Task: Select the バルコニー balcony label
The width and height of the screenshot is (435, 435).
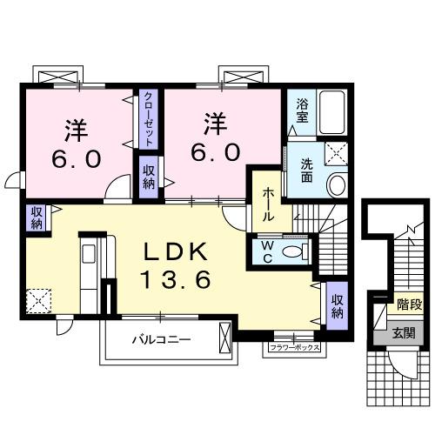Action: click(x=161, y=338)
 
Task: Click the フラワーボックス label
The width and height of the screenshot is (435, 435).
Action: click(x=292, y=348)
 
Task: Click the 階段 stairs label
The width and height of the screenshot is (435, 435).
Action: click(x=408, y=304)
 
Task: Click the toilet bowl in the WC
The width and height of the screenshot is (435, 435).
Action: click(x=296, y=251)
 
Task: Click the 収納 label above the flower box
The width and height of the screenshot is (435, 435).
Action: click(x=337, y=304)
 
